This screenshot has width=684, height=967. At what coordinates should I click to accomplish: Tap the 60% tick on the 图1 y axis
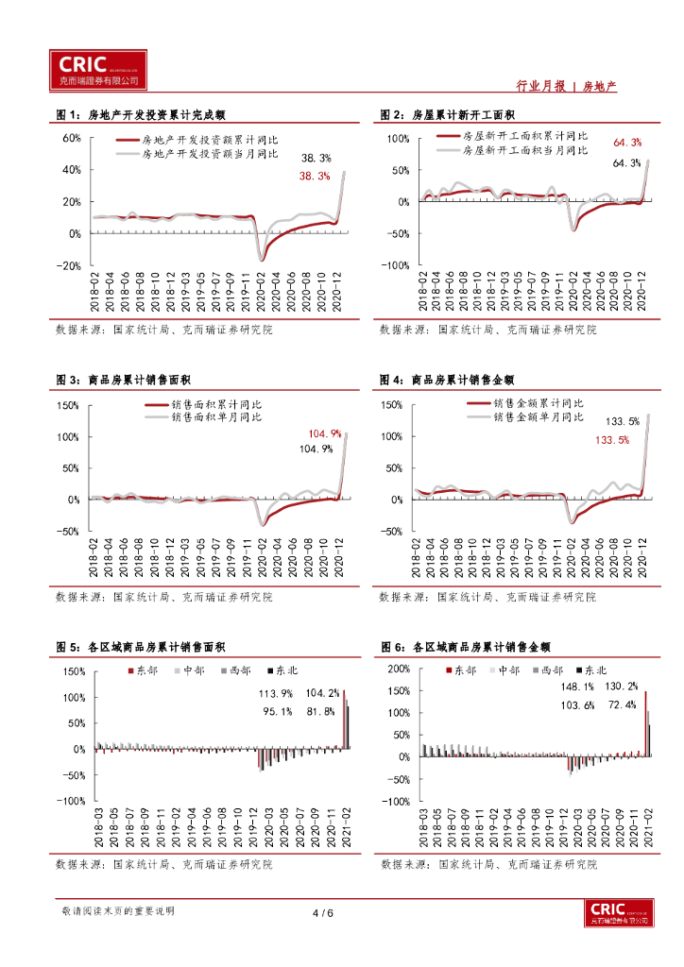click(72, 138)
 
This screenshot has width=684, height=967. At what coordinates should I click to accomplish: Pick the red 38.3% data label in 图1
click(315, 176)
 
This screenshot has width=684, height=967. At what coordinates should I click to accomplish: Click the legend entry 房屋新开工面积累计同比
click(524, 136)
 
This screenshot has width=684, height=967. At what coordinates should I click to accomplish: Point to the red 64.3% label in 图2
click(627, 143)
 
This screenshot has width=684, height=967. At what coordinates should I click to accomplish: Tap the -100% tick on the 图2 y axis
click(395, 265)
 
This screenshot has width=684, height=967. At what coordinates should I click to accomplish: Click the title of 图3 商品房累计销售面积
click(124, 380)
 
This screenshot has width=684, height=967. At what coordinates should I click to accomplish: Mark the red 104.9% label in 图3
click(324, 434)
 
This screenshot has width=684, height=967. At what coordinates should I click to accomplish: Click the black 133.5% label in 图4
click(623, 421)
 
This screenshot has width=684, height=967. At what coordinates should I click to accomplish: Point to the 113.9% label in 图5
click(277, 693)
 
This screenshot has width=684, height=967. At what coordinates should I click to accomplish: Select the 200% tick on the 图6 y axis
click(398, 669)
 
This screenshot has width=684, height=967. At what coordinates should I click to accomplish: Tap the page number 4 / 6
click(323, 913)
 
